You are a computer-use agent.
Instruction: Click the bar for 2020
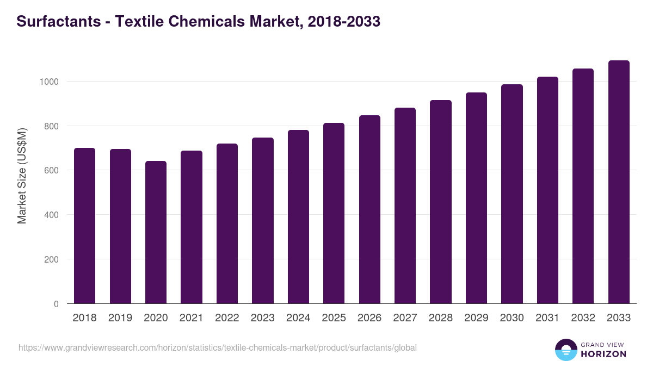tap(156, 232)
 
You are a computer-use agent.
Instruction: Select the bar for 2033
tap(619, 182)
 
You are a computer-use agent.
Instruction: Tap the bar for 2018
tap(84, 226)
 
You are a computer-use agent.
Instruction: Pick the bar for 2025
tap(334, 213)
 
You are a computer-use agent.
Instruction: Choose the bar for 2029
tap(476, 198)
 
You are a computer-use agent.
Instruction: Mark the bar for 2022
tap(227, 223)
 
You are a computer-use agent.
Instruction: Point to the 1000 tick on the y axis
tap(48, 82)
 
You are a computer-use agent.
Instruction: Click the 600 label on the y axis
tap(51, 170)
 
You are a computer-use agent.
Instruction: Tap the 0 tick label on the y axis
tap(56, 304)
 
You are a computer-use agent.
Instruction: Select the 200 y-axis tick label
tap(51, 259)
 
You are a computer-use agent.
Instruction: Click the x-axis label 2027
tap(405, 318)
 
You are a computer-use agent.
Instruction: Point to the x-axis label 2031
tap(547, 318)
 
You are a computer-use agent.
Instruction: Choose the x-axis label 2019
tap(120, 318)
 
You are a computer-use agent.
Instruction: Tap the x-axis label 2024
tap(298, 318)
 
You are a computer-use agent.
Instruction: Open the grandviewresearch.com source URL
tap(218, 347)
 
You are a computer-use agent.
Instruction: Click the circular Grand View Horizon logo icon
tap(565, 350)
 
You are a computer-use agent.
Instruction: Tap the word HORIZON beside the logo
tap(603, 354)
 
